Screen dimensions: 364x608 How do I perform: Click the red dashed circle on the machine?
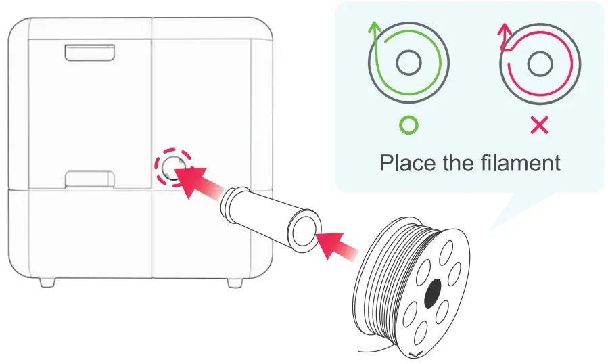172,167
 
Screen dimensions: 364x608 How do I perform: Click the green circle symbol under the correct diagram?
408,124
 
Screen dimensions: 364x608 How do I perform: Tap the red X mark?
539,124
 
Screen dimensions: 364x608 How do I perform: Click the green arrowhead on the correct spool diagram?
373,28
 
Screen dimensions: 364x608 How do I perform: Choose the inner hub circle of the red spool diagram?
539,65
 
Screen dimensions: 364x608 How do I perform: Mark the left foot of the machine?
47,280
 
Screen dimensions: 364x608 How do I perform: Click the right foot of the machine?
234,281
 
